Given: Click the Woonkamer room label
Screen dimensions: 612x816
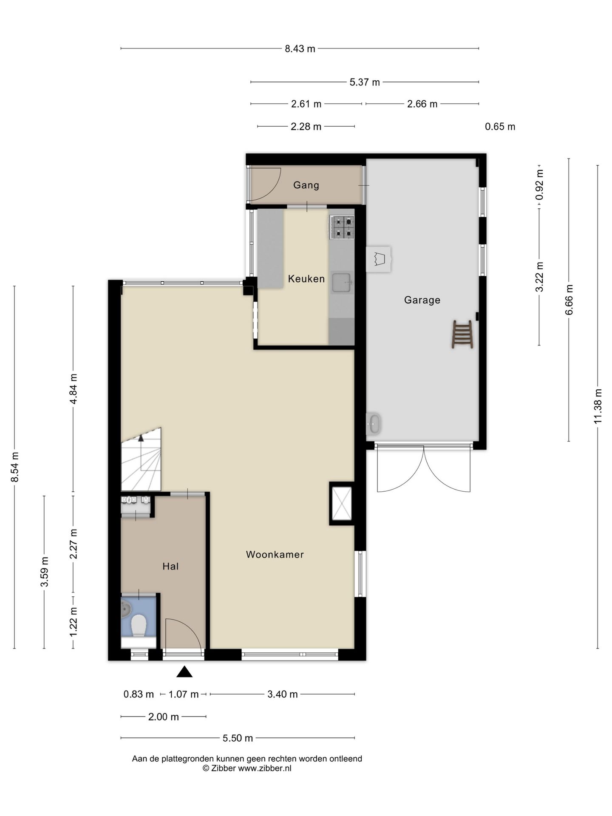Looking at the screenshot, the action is tap(275, 554).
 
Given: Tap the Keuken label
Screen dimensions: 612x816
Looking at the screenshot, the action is tap(306, 279).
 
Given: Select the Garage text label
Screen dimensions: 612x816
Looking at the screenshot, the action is tap(422, 300).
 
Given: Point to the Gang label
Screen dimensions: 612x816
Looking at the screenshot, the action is tap(306, 185).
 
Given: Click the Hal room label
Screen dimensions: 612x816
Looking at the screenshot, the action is tap(170, 566).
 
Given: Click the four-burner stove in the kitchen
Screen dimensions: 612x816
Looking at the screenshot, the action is tap(342, 227).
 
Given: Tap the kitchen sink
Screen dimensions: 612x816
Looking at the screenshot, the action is tap(342, 283).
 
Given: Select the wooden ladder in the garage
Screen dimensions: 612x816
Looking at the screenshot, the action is tap(462, 334).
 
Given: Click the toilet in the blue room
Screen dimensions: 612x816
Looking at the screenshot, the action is tap(139, 626).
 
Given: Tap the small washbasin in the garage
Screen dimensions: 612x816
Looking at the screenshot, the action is tap(374, 424).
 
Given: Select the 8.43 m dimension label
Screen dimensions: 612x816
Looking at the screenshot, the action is tap(300, 49).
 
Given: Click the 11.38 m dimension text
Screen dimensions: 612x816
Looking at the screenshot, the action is tap(598, 406).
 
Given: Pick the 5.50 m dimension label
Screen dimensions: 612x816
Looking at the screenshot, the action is tap(238, 738).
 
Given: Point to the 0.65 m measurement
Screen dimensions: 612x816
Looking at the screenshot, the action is tap(500, 127).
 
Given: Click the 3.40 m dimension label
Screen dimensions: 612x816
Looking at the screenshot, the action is tap(283, 694).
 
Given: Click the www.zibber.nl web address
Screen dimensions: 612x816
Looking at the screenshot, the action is tap(264, 768).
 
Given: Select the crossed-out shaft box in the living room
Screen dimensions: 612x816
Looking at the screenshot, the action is tap(342, 504).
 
